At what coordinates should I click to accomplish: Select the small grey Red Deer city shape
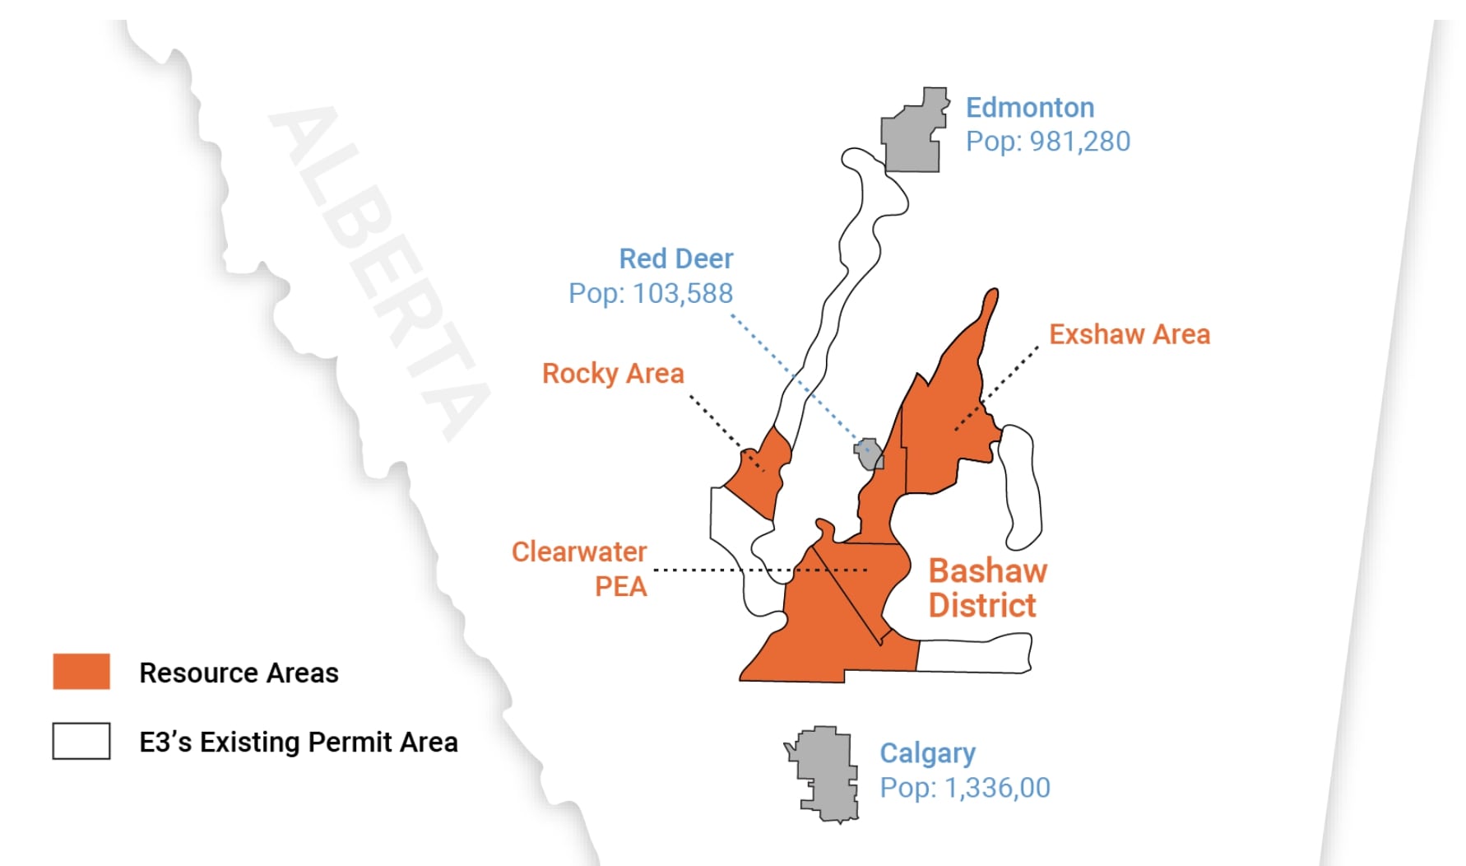[x=870, y=454]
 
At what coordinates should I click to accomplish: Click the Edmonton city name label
[x=1029, y=108]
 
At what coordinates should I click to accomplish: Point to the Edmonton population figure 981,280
[x=1079, y=142]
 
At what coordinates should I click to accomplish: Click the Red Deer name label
[x=675, y=258]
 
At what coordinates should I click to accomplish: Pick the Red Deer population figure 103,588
[x=683, y=293]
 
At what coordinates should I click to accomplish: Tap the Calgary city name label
[x=927, y=753]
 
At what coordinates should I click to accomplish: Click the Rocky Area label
[x=613, y=374]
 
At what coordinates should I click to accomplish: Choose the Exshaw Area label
[x=1129, y=334]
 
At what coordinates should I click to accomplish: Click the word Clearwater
[x=579, y=552]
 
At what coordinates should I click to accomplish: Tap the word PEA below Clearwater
[x=620, y=587]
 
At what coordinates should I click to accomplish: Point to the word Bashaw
[x=987, y=570]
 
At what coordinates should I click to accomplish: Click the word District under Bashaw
[x=982, y=606]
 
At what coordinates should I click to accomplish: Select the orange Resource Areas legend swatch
[x=81, y=671]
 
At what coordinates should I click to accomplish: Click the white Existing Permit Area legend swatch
[x=81, y=741]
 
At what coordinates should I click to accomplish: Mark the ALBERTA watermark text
[x=378, y=272]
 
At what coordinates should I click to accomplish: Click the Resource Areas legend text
[x=239, y=673]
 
